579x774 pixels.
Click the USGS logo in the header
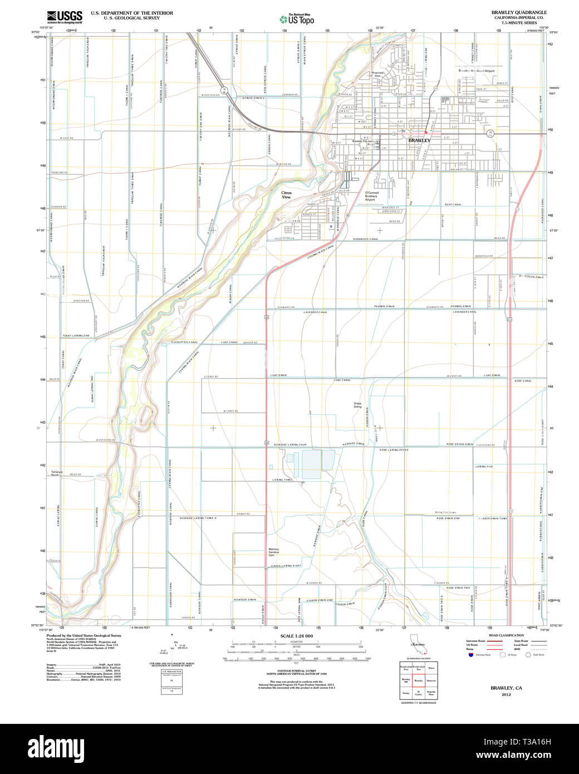(65, 17)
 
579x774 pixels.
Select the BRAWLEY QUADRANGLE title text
(518, 12)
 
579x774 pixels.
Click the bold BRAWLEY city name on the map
(419, 141)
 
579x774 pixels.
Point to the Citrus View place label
(286, 195)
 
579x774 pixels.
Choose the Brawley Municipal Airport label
(476, 71)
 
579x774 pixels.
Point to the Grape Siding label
(357, 405)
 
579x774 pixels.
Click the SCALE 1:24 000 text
(297, 636)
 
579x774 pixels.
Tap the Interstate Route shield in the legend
(470, 655)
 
